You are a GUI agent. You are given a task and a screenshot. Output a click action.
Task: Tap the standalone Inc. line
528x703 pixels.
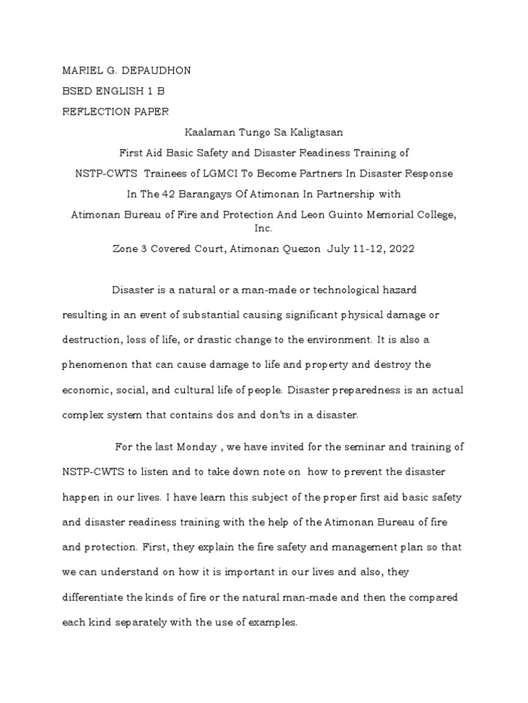pos(263,228)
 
